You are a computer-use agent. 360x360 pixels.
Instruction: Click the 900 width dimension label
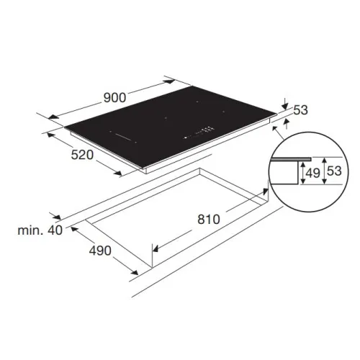coord(114,98)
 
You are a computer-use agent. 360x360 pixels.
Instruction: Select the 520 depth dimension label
coord(82,155)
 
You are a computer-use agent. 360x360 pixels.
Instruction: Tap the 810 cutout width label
coord(209,220)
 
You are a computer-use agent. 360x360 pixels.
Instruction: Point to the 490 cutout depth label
coord(100,251)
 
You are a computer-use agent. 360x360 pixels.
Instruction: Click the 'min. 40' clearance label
coord(40,230)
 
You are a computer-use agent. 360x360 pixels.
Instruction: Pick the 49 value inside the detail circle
coord(313,173)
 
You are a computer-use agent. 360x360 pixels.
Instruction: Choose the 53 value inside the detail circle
coord(334,171)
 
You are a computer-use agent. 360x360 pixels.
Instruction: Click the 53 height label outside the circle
coord(300,110)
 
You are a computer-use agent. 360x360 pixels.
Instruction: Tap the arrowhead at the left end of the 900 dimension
coord(53,117)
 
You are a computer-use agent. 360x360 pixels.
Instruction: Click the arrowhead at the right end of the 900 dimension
coord(170,82)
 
